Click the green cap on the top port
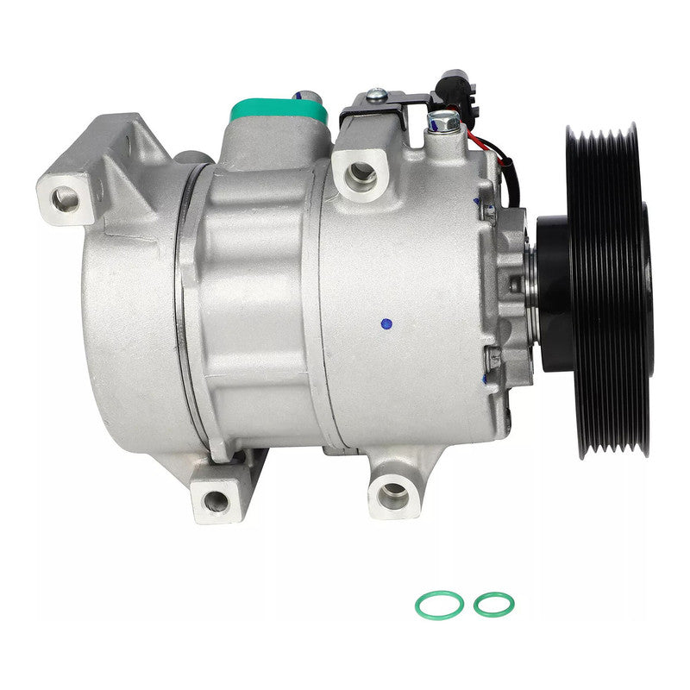(x=279, y=111)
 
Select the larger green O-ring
(x=438, y=605)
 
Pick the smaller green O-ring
(x=492, y=605)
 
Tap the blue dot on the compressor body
(x=386, y=324)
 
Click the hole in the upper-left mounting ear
(x=66, y=198)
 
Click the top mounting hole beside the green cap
(x=361, y=174)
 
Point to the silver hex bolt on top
(x=443, y=122)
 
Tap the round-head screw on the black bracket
(x=375, y=96)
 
